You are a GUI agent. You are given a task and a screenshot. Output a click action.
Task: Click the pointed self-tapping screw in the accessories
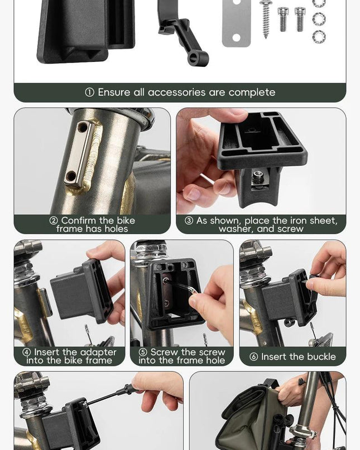coord(266,18)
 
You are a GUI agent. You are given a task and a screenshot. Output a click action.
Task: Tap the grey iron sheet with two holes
coord(236,23)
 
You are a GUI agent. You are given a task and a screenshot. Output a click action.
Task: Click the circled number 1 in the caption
coord(90,93)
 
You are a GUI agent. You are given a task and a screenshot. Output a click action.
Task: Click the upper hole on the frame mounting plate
coord(83,127)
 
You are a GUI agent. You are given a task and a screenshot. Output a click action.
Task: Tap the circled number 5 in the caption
coord(143,352)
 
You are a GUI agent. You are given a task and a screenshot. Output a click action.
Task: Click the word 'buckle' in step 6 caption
coord(321,357)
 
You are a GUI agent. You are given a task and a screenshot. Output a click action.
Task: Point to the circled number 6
coord(254,357)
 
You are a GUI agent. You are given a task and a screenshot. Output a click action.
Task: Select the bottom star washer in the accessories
coord(319,37)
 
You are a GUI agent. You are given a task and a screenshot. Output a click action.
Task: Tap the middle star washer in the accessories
coord(319,19)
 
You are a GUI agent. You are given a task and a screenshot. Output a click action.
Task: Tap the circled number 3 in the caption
coord(189,221)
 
